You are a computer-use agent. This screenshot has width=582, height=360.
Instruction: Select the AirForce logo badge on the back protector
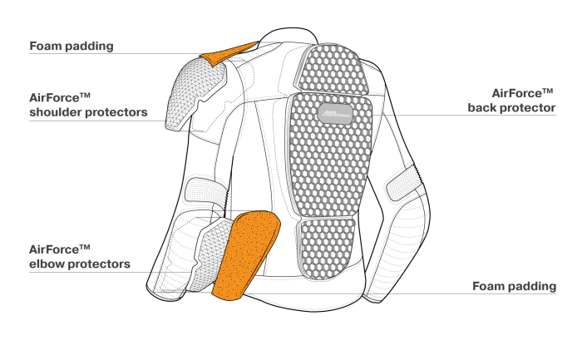[x=335, y=114]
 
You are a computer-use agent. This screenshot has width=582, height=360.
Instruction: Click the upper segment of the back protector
[x=333, y=68]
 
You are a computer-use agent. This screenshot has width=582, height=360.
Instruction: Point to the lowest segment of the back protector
[x=326, y=248]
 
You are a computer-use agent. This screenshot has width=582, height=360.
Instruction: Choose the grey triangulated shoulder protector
[x=195, y=95]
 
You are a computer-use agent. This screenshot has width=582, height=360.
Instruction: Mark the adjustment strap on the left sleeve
[x=206, y=191]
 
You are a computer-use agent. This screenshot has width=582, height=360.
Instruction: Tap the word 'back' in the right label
[x=481, y=107]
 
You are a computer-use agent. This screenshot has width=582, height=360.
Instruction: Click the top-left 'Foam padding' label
[x=72, y=46]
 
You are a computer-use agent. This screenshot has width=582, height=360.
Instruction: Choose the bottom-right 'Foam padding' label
[x=514, y=286]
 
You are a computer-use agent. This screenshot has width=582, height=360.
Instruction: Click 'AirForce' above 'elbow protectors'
[x=59, y=249]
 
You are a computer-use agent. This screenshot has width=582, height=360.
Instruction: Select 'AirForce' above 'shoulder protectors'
[x=59, y=97]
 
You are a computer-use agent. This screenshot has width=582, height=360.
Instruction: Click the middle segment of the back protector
[x=329, y=155]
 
